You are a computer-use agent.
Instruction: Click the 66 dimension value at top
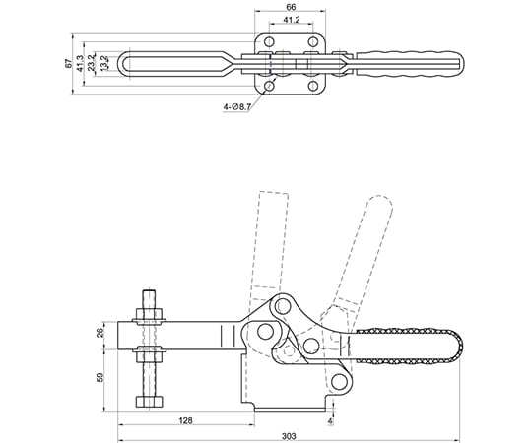coord(291,7)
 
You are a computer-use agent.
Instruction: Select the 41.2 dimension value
coord(292,20)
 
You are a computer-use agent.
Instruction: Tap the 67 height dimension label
coord(69,63)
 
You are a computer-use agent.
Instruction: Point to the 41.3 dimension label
coord(80,63)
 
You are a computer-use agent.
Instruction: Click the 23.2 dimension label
coord(91,63)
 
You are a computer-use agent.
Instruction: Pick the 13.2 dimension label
coord(104,63)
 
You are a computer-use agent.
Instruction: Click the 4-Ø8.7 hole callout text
coord(237,107)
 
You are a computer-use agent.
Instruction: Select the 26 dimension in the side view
coord(100,333)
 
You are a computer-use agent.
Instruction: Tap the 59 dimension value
coord(100,377)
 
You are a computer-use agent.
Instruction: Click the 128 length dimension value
coord(185,420)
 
